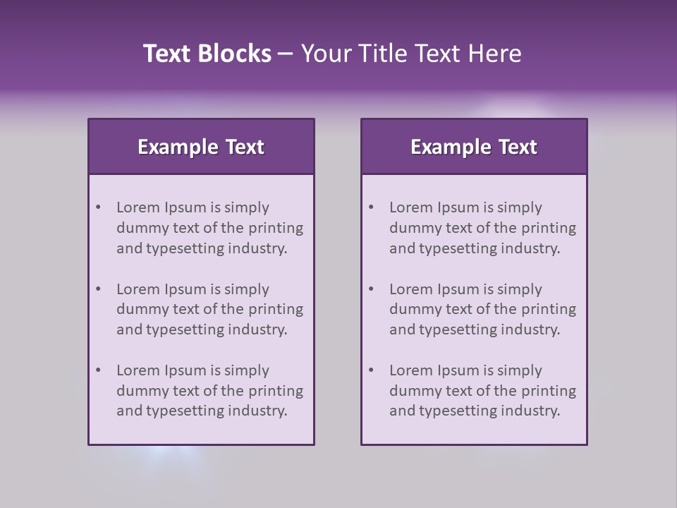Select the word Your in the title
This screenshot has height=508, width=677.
point(323,54)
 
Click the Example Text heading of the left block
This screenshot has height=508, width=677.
point(201,147)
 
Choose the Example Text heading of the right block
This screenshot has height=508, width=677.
point(474,147)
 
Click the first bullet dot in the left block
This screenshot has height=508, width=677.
point(98,207)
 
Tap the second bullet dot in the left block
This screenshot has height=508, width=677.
point(98,289)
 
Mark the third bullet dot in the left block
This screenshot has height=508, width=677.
point(98,370)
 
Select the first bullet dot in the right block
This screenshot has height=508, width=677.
point(371,207)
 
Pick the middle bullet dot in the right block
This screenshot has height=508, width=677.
point(371,289)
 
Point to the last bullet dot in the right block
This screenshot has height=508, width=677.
point(371,370)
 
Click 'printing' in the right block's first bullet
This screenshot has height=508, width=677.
point(549,228)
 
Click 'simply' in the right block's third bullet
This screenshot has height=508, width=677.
point(520,370)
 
